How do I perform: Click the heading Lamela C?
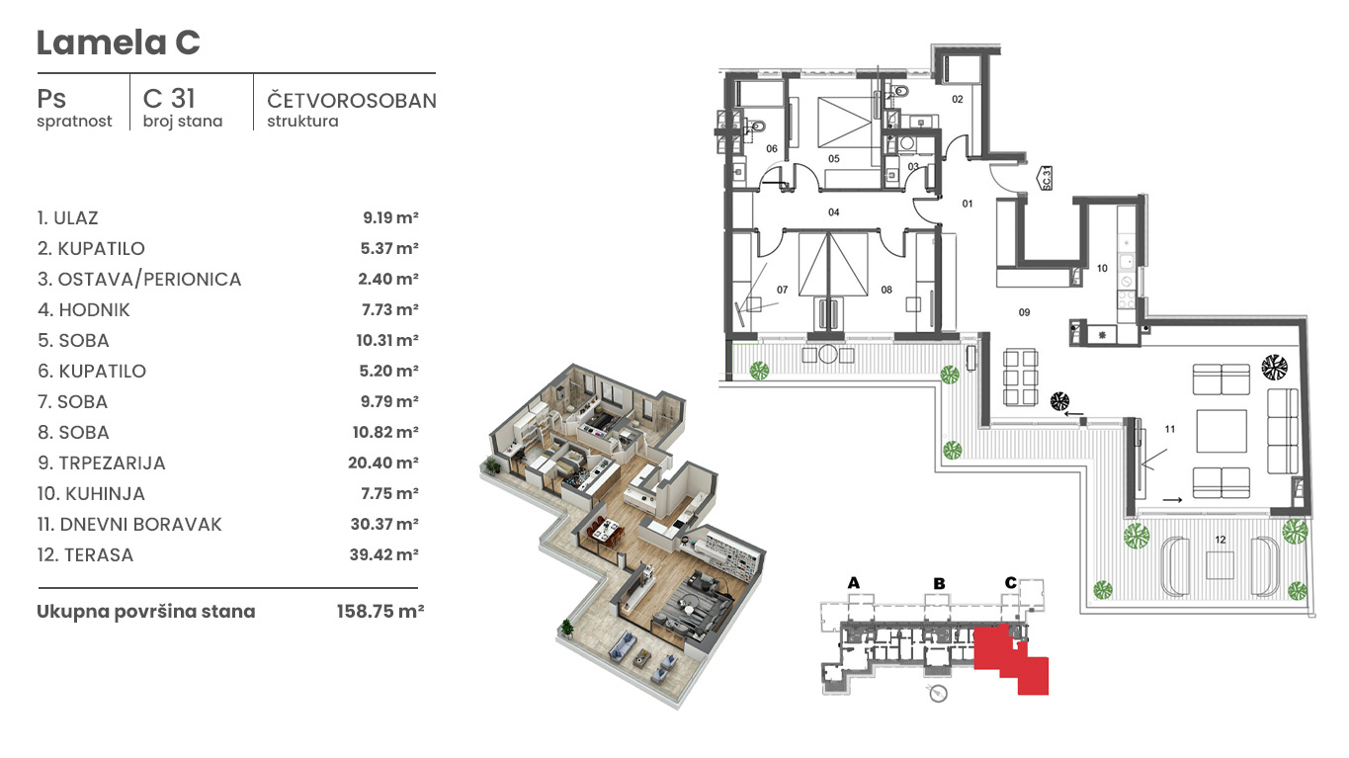(x=118, y=42)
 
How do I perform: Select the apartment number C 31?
(x=169, y=99)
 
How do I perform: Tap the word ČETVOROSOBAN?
(x=352, y=101)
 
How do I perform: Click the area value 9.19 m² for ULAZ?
(x=390, y=217)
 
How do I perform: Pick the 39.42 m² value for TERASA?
(x=384, y=554)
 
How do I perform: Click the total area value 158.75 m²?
(x=380, y=612)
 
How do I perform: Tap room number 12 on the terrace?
(x=1221, y=540)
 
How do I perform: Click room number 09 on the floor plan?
(x=1024, y=312)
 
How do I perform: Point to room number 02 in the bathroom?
(x=957, y=100)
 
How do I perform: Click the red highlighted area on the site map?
(x=1011, y=658)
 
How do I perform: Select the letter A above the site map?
(x=853, y=583)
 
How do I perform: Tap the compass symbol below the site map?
(x=938, y=694)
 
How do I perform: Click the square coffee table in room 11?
(x=1222, y=431)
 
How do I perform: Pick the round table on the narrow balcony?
(x=827, y=354)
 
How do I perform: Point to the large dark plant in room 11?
(x=1274, y=368)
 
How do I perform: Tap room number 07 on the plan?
(x=782, y=291)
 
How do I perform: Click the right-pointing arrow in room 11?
(x=1172, y=500)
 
